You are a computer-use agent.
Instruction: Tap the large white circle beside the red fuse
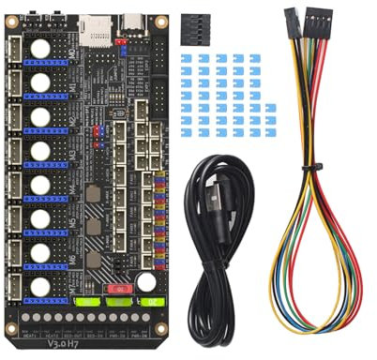(146, 281)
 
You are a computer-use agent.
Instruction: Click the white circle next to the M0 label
(41, 50)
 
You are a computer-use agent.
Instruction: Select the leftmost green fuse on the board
(87, 303)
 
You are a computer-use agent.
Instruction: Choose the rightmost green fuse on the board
(147, 303)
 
